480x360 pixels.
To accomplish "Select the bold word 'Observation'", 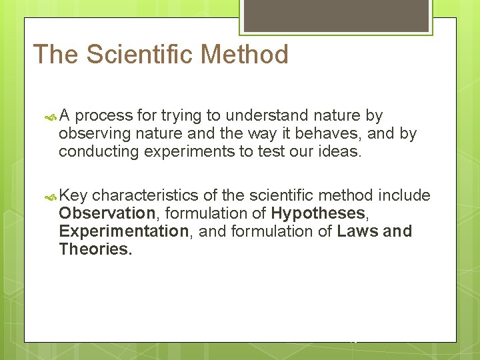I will tap(107, 213).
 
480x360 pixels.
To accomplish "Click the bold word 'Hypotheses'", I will tap(318, 213).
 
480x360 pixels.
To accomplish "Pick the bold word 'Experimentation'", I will tap(123, 231).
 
